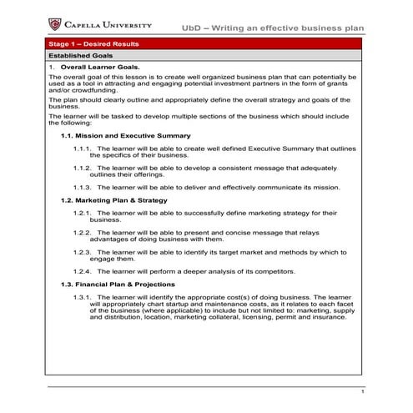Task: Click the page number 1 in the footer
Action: click(x=362, y=392)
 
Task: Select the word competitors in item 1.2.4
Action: click(x=275, y=272)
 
